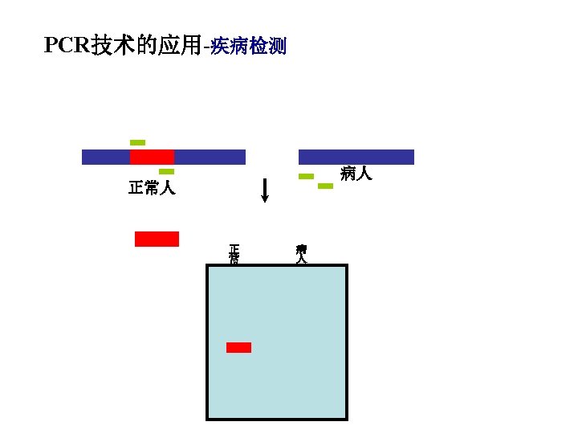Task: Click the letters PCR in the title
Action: [x=67, y=46]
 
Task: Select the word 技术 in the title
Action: [x=108, y=46]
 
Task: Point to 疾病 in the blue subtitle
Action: [x=229, y=47]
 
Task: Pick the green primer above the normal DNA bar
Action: [x=137, y=142]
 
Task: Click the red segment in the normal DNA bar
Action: [x=152, y=157]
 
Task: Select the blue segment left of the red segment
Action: [x=106, y=157]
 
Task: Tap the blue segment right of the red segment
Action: [x=210, y=157]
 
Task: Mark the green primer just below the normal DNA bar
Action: [x=166, y=171]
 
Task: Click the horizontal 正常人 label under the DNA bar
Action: [x=152, y=189]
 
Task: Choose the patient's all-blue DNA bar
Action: [x=356, y=157]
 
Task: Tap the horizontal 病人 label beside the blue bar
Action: [x=356, y=173]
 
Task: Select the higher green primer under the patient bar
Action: [x=306, y=176]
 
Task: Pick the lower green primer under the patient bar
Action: [x=325, y=186]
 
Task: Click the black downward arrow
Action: [x=265, y=191]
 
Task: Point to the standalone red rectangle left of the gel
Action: [x=157, y=239]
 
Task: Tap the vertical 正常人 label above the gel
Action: [x=234, y=254]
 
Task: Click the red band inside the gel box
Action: [x=238, y=347]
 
